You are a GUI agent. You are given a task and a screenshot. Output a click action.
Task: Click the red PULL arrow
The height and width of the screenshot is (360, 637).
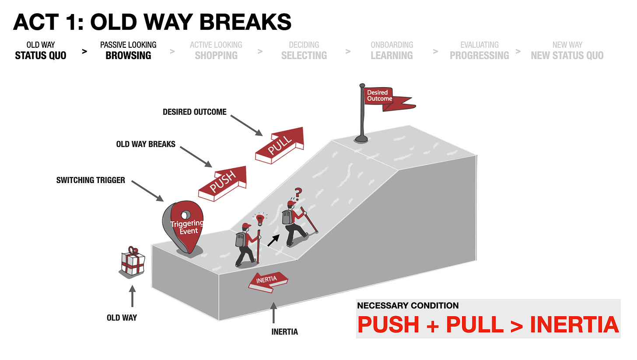[x=280, y=144]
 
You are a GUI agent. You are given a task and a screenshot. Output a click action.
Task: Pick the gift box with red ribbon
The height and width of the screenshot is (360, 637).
[x=132, y=262]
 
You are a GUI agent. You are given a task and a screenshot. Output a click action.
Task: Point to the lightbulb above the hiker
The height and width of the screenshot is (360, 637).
[x=260, y=219]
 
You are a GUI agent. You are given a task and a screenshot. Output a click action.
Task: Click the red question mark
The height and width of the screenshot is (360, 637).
[x=299, y=193]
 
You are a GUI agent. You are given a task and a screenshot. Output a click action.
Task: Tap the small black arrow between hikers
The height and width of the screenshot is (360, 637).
[x=274, y=240]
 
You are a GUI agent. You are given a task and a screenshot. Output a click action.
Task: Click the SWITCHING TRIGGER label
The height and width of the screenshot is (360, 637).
[x=91, y=180]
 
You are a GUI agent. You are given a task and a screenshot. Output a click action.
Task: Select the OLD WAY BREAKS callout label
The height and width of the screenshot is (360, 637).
[x=146, y=144]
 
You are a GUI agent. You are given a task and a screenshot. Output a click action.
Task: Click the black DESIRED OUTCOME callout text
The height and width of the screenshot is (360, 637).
[x=195, y=112]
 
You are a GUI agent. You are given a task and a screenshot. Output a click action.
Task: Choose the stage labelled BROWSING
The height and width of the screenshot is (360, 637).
[x=128, y=55]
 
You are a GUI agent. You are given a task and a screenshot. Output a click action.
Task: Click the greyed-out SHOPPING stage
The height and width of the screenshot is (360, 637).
[x=216, y=55]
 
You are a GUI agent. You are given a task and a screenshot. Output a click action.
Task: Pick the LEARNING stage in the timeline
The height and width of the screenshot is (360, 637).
[x=392, y=55]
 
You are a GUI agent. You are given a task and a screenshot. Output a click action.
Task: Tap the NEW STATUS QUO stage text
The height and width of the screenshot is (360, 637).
[x=567, y=55]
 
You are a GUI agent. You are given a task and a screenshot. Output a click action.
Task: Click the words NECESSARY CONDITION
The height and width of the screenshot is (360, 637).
[x=408, y=306]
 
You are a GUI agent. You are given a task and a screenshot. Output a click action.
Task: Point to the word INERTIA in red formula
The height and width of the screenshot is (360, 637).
[x=574, y=325]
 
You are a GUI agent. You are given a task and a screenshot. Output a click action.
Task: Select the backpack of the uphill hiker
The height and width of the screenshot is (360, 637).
[x=287, y=217]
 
